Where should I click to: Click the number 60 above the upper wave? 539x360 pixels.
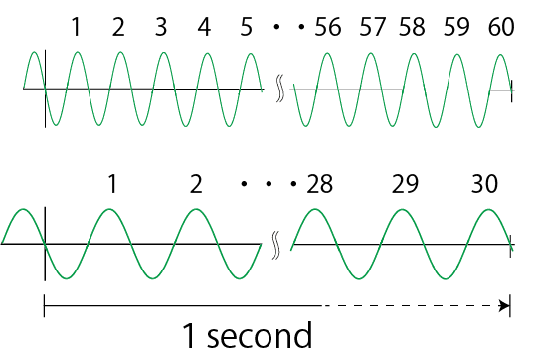pyautogui.click(x=501, y=27)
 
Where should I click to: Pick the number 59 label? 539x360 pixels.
pyautogui.click(x=457, y=27)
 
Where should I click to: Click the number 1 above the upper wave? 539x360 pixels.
pyautogui.click(x=77, y=27)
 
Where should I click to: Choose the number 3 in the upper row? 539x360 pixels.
pyautogui.click(x=162, y=27)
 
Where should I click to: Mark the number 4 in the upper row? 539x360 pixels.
pyautogui.click(x=205, y=27)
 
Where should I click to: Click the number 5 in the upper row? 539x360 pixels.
pyautogui.click(x=247, y=27)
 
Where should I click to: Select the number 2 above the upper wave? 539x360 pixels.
pyautogui.click(x=119, y=27)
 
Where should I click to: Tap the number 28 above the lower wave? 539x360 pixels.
pyautogui.click(x=320, y=184)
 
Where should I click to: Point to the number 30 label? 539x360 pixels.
pyautogui.click(x=486, y=184)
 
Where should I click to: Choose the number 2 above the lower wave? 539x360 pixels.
pyautogui.click(x=196, y=184)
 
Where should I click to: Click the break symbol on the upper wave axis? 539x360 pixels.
pyautogui.click(x=279, y=89)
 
